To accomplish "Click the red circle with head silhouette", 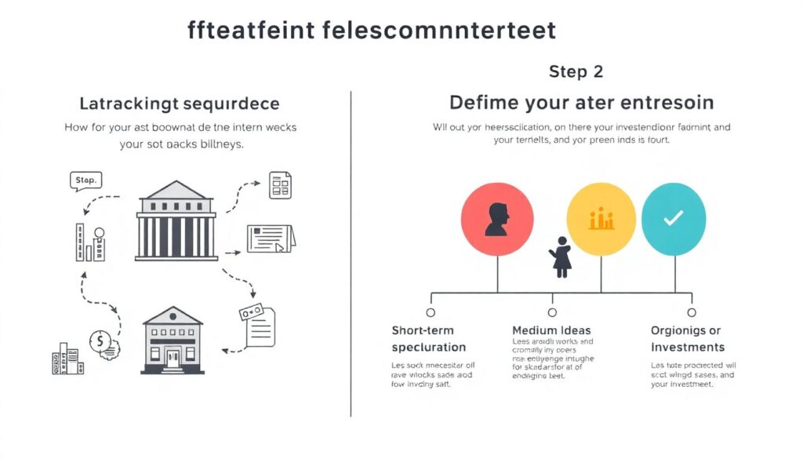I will tap(497, 220).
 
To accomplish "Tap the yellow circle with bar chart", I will tap(601, 220).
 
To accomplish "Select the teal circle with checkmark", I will tap(674, 220).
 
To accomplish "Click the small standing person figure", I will tap(561, 257).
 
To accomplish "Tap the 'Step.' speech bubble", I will tap(85, 181).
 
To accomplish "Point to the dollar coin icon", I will tap(100, 342).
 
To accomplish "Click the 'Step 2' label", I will tap(576, 71).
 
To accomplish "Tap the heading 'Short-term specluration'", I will tap(428, 339).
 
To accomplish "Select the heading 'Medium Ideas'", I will tap(551, 330).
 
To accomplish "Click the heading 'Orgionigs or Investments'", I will tap(687, 339).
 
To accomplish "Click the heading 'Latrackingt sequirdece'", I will tap(180, 104).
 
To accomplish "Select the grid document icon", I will tap(280, 184).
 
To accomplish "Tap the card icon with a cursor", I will tap(271, 239).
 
